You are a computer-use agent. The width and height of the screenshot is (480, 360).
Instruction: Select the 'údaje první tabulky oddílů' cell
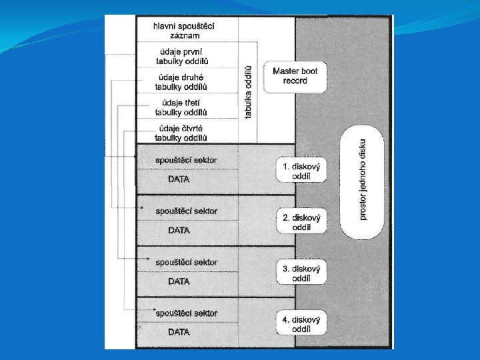pos(183,55)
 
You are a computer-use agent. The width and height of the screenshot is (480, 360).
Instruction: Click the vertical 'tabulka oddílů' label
pos(249,91)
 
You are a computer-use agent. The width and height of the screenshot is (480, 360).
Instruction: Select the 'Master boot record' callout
pos(295,76)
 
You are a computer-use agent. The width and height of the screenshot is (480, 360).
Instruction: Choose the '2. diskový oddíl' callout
pos(302,222)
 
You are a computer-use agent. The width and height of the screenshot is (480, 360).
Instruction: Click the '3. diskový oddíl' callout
pos(302,273)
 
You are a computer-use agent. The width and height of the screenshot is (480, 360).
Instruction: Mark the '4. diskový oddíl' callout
pos(302,323)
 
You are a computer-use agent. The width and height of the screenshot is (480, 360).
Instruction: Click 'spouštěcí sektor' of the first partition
pos(186,160)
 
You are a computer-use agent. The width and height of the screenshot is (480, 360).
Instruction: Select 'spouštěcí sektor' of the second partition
pos(186,211)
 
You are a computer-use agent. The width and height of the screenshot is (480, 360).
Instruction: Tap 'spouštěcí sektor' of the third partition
pos(186,262)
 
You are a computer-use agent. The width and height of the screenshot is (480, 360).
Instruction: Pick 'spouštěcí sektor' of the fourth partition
pos(187,313)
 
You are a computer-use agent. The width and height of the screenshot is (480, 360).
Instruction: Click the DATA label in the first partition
pos(179,179)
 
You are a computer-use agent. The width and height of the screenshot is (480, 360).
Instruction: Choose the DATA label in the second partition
pos(179,230)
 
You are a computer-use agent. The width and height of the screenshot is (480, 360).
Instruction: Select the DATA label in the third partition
pos(179,281)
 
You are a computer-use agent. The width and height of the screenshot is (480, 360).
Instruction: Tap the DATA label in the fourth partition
pos(179,332)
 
